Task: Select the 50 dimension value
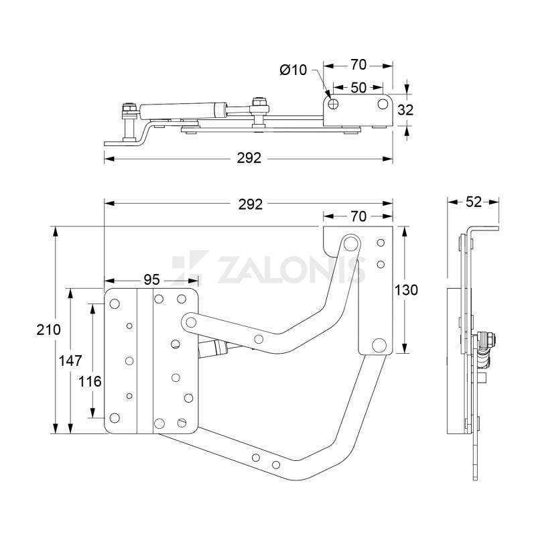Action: tap(358, 88)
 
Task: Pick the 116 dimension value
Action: tap(90, 381)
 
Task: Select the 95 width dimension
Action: tap(151, 278)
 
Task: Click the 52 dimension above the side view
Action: tap(473, 200)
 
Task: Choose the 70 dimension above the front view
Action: tap(358, 216)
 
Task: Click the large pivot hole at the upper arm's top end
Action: tap(349, 242)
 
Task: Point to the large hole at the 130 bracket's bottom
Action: tap(379, 345)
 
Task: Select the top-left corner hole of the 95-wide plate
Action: tap(115, 304)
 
